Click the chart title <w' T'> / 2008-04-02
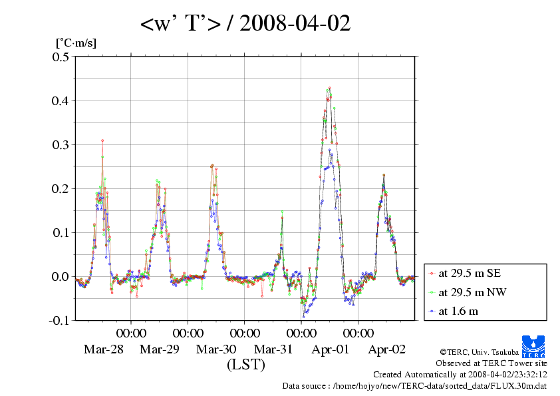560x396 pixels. (245, 24)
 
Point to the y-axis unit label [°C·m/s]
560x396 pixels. (76, 43)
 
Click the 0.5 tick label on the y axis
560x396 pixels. (61, 57)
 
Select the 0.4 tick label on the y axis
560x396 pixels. (61, 100)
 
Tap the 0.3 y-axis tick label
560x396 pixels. (61, 144)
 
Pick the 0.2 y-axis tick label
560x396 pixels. (61, 188)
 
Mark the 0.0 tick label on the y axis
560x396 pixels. (61, 276)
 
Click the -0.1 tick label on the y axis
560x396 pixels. (59, 320)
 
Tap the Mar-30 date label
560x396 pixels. (216, 349)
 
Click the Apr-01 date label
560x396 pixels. (330, 349)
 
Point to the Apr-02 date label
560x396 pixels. (386, 349)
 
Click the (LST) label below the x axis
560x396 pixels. (245, 365)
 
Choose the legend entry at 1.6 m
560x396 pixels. (458, 311)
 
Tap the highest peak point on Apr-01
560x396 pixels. (329, 88)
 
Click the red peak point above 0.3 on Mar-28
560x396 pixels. (102, 140)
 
